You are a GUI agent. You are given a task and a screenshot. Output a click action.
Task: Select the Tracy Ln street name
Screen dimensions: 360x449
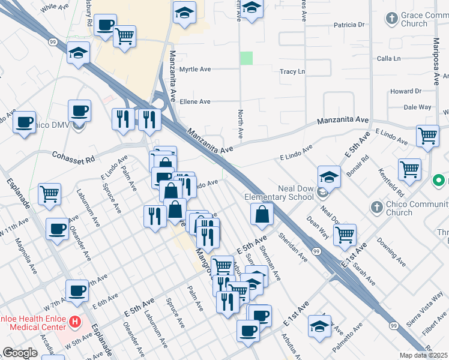[292, 71]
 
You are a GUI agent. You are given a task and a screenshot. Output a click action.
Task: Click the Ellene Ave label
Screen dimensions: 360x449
[196, 102]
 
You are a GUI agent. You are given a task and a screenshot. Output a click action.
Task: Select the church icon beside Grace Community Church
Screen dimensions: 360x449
[392, 19]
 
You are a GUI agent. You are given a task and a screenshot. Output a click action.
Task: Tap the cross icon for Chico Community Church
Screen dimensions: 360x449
[376, 208]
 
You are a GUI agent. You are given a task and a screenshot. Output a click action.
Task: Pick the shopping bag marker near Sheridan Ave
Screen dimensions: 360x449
[262, 214]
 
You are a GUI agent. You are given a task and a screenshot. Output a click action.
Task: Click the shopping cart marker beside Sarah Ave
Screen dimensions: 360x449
[345, 235]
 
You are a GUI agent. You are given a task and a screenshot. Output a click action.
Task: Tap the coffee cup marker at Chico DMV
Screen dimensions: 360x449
[79, 111]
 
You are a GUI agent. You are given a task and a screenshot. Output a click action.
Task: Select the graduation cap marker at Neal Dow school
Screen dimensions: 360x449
[329, 177]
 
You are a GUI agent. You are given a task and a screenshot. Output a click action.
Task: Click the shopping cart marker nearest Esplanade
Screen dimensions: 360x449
[49, 193]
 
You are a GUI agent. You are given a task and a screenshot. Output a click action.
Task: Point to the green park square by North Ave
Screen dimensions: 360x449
[246, 58]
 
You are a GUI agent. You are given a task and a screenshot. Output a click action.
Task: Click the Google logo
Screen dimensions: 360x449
[20, 353]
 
